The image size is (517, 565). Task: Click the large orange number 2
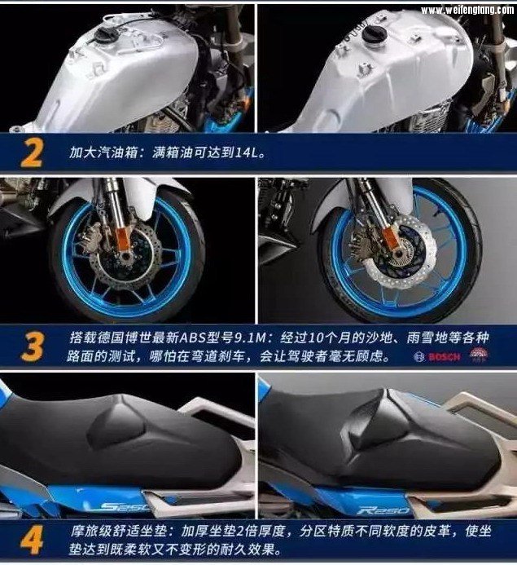(x=33, y=153)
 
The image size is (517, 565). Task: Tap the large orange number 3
(x=33, y=347)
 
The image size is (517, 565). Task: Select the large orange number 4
(x=32, y=540)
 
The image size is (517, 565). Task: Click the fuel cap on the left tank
(x=103, y=35)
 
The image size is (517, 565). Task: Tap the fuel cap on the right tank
(x=375, y=33)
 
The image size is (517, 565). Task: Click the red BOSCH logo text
(x=445, y=357)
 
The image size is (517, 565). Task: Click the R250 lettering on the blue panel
(x=383, y=510)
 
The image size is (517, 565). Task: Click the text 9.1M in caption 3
(x=250, y=338)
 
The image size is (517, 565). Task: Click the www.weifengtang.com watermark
(x=467, y=10)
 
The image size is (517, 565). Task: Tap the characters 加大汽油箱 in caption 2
(x=103, y=152)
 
